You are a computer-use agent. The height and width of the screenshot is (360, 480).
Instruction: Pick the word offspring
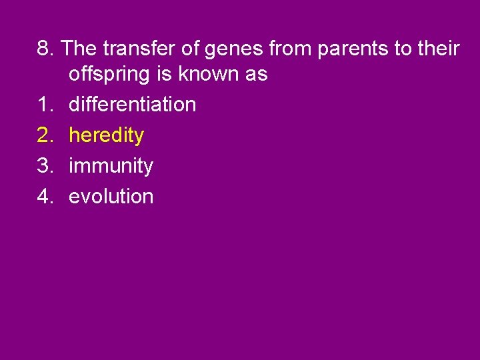coord(110,75)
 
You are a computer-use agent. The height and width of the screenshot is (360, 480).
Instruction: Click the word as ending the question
coord(256,75)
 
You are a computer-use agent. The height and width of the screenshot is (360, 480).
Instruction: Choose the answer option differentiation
coord(132,105)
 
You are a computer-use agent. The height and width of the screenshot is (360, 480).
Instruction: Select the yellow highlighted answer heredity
coord(106,135)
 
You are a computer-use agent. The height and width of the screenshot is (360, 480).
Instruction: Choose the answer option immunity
coord(111,166)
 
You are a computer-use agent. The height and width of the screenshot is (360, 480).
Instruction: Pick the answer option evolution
coord(111,196)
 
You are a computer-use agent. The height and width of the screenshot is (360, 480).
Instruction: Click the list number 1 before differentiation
coord(44,105)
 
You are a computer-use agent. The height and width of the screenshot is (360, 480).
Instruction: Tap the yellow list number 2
coord(44,135)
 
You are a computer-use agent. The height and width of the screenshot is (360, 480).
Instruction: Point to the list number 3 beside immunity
coord(44,166)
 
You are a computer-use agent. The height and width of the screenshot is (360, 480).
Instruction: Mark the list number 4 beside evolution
coord(44,196)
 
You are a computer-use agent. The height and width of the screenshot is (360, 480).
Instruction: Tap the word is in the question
coord(164,74)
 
